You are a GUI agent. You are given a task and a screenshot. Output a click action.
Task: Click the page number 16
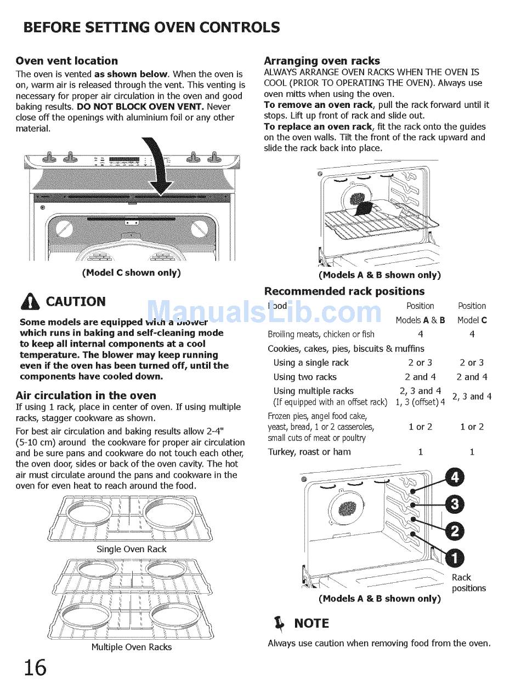(x=35, y=667)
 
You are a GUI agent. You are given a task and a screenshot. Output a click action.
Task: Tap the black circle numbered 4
(x=455, y=478)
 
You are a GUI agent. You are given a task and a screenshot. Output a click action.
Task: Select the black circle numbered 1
(x=455, y=558)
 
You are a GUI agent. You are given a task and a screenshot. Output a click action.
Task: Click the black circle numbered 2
(x=455, y=530)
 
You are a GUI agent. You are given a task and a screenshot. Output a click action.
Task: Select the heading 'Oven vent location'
(x=66, y=61)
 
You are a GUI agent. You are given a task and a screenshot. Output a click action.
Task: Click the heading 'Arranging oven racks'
(x=322, y=61)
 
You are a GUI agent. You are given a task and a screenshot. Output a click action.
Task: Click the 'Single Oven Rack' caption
(x=131, y=549)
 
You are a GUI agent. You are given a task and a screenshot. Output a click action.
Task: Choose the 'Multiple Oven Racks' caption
(x=131, y=647)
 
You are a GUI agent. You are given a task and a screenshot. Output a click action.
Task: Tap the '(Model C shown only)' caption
(x=131, y=272)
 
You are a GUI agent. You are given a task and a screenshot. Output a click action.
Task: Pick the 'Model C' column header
(x=472, y=320)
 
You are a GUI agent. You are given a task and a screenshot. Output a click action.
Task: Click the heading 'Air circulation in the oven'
(x=86, y=395)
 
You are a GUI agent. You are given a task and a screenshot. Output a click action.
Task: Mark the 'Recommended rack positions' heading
(x=344, y=291)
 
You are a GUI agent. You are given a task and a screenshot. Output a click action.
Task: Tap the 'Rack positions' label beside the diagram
(x=468, y=583)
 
